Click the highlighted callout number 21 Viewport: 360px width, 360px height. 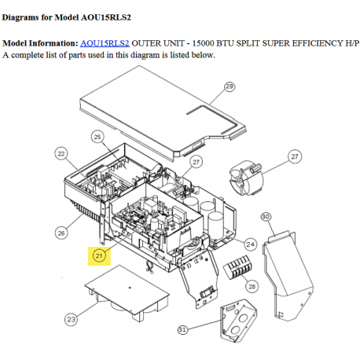coord(99,255)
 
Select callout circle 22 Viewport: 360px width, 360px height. coord(61,153)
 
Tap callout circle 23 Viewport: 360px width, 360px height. coord(71,319)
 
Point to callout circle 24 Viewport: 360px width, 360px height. coord(250,244)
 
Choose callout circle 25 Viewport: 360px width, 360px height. coord(97,137)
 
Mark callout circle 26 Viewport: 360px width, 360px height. coord(61,233)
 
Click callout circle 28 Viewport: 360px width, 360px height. coord(252,286)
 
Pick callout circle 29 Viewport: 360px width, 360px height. coord(230,86)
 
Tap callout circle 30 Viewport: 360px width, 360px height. coord(266,217)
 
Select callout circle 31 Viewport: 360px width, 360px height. coord(182,329)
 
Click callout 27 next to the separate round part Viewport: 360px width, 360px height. coord(295,156)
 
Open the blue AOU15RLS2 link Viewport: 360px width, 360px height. coord(105,43)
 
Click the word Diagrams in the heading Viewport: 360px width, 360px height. coord(20,17)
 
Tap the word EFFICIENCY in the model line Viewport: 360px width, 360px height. coord(318,43)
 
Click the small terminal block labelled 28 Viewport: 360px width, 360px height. coord(237,267)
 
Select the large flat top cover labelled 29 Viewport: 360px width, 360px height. coord(163,112)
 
